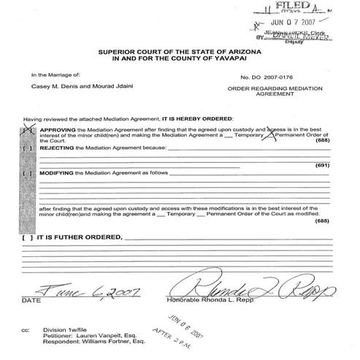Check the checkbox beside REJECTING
pos(28,148)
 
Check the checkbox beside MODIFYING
pos(28,174)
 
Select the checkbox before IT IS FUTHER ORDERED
pos(27,237)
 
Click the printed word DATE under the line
pos(31,300)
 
